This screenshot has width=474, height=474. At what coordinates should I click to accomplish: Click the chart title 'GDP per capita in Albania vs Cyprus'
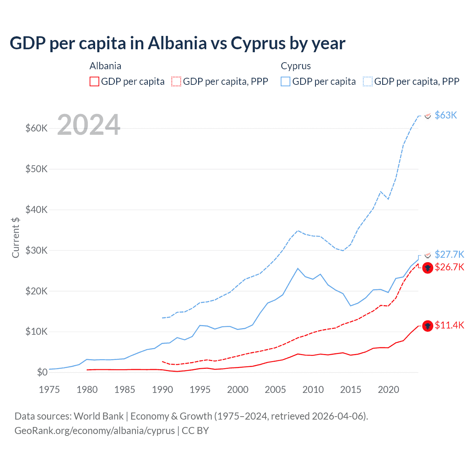(177, 43)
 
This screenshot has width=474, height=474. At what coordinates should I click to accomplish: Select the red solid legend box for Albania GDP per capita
(94, 81)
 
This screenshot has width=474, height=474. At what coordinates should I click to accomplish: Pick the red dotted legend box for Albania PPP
(176, 81)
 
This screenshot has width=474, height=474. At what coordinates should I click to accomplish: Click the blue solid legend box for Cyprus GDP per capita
(286, 81)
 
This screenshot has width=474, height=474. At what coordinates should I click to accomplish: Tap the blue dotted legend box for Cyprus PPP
(368, 81)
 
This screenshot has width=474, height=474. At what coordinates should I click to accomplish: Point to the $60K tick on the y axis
(36, 128)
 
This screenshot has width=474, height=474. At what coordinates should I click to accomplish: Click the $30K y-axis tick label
(36, 250)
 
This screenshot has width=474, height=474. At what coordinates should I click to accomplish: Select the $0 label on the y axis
(42, 372)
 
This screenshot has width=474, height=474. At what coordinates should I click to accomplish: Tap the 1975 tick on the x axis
(49, 390)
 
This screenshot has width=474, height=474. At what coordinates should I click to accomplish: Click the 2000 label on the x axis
(238, 390)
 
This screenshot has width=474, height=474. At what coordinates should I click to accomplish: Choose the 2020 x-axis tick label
(388, 390)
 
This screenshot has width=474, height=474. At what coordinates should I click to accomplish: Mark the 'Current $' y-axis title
(16, 237)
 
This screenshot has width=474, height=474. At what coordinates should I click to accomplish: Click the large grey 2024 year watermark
(89, 125)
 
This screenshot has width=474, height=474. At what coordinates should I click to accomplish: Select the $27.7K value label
(449, 254)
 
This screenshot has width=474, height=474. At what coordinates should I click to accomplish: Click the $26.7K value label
(449, 267)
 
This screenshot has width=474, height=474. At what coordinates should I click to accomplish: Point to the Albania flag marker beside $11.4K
(428, 326)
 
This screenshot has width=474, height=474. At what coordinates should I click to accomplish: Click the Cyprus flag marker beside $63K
(428, 116)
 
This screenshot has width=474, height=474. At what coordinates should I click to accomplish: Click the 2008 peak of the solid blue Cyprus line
(298, 268)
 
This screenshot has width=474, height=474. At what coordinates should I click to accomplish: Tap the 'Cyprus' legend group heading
(296, 66)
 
